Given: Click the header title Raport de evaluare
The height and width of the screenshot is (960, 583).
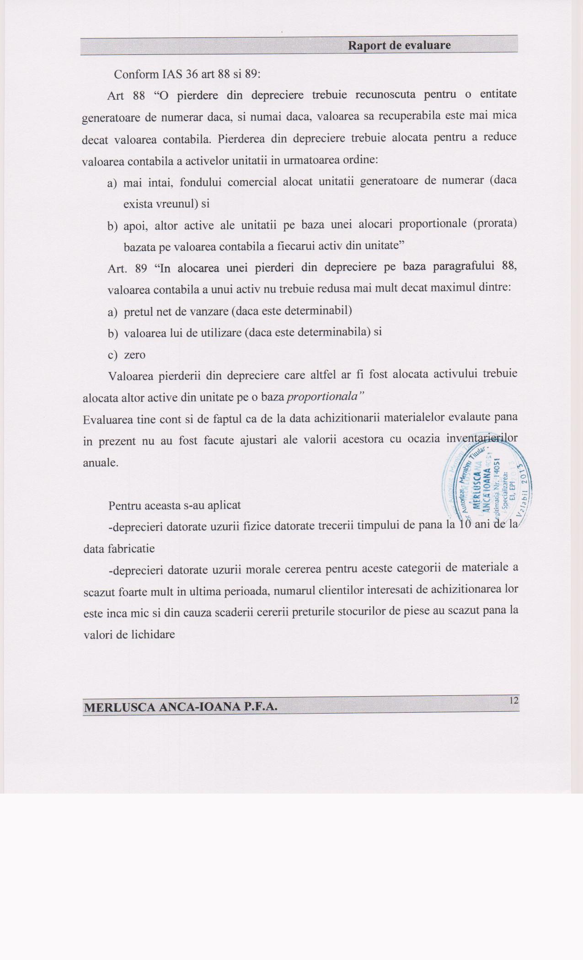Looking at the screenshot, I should [399, 45].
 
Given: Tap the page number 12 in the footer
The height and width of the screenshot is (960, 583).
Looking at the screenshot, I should [513, 700].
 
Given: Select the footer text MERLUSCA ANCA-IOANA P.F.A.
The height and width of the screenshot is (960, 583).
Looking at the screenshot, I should [181, 707].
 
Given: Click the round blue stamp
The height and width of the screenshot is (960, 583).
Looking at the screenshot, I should [487, 485].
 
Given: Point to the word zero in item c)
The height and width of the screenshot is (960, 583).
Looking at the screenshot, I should [134, 355].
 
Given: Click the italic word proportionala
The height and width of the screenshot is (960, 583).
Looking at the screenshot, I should [324, 396].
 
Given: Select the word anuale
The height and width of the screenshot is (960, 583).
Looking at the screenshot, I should [101, 463].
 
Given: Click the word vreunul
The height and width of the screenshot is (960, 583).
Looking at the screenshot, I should [177, 203].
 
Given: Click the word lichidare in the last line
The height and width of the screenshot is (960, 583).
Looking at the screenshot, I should [154, 635].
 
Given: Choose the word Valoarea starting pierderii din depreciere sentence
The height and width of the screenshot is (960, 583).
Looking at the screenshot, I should [130, 376].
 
